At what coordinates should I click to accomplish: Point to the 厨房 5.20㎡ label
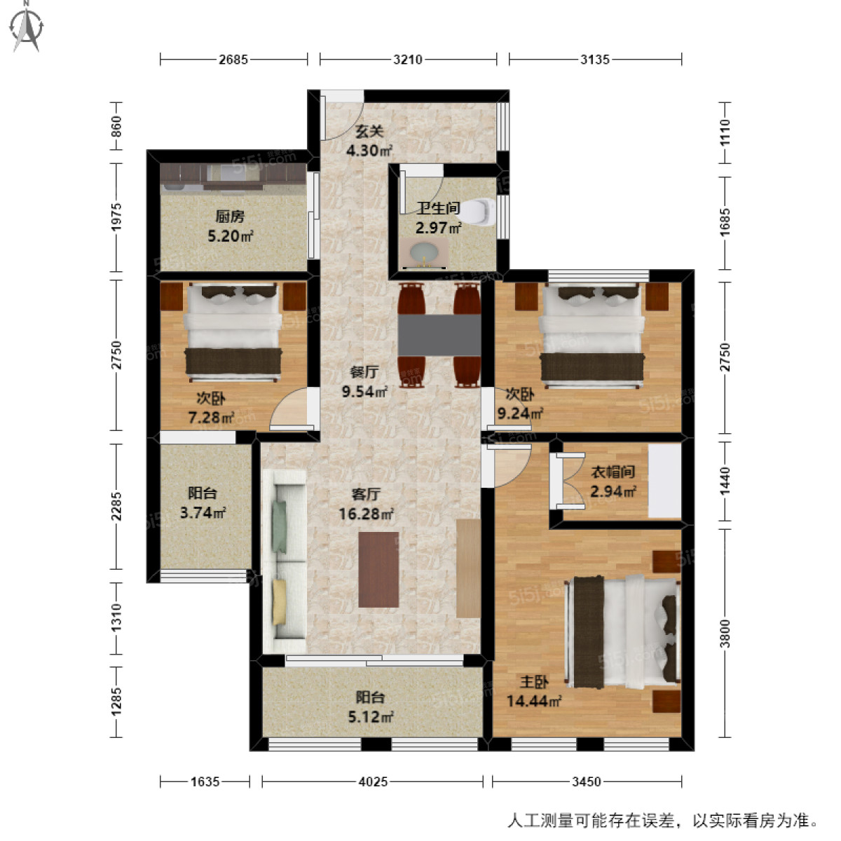[x=230, y=226]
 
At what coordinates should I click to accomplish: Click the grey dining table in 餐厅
[x=439, y=335]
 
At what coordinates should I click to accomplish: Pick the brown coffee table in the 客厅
[x=378, y=569]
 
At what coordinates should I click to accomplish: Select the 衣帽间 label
[x=613, y=481]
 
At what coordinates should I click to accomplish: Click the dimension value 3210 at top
[x=408, y=60]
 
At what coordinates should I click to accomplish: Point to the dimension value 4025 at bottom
[x=373, y=781]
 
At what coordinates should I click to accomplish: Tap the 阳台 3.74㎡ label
[x=203, y=503]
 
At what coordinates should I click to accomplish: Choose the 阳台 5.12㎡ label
[x=371, y=707]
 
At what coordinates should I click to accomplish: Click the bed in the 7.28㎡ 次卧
[x=233, y=334]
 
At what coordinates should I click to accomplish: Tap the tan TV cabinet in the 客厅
[x=468, y=568]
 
